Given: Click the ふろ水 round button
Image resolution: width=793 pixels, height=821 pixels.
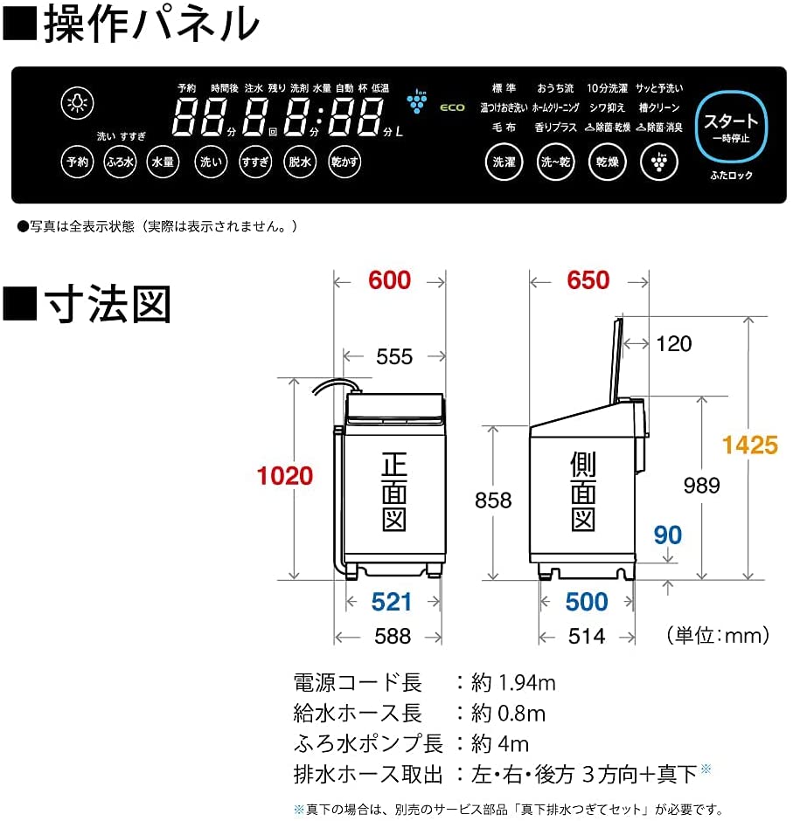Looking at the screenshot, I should click(120, 162).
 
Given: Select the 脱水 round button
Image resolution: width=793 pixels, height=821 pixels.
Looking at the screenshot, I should click(300, 162).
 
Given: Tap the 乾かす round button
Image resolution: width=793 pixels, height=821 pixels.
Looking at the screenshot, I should click(344, 162).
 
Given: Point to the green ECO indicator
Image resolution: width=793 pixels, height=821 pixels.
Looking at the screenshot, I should click(452, 108).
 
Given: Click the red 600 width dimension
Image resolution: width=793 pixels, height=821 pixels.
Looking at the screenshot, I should click(389, 280).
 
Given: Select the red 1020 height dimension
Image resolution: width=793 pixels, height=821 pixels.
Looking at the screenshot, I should click(284, 476).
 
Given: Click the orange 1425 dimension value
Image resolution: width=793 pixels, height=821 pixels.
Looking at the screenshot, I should click(749, 445).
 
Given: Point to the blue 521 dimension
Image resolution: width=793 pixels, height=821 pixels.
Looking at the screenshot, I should click(391, 601).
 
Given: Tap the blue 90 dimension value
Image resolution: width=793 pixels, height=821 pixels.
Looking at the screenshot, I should click(668, 535).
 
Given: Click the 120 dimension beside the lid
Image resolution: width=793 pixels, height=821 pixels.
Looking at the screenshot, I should click(673, 343).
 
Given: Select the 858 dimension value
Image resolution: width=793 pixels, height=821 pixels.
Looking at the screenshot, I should click(493, 500).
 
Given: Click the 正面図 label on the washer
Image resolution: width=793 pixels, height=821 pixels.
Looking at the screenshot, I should click(393, 492).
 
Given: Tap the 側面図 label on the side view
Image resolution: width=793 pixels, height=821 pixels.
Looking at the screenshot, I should click(582, 492).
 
